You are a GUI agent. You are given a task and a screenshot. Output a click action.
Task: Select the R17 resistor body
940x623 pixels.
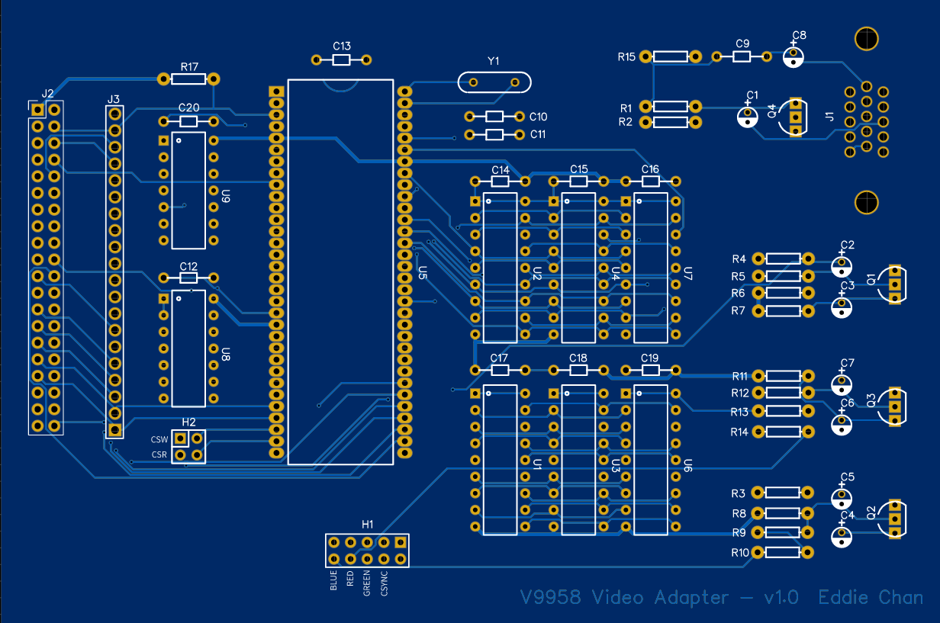[x=188, y=79]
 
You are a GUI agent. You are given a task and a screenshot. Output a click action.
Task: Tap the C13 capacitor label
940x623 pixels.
[x=342, y=46]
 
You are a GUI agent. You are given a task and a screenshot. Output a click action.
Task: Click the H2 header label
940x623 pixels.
[x=188, y=422]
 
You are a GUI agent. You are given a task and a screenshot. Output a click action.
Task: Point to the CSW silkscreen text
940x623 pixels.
[x=159, y=439]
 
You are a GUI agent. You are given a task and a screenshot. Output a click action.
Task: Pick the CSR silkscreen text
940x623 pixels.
[x=159, y=455]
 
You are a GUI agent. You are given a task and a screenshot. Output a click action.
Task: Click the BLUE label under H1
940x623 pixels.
[x=333, y=580]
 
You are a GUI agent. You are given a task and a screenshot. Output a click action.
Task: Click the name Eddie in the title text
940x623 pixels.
[x=844, y=597]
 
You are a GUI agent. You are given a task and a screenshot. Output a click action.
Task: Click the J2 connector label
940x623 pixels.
[x=47, y=93]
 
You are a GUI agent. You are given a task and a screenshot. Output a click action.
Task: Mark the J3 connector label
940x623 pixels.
[x=113, y=99]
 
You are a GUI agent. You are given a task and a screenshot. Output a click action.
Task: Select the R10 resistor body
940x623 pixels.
[x=783, y=552]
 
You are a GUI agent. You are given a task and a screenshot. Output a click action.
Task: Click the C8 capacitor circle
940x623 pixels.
[x=794, y=56]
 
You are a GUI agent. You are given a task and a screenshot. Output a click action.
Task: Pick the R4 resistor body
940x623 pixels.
[x=783, y=259]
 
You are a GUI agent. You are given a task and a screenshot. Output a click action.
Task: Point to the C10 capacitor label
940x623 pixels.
[x=538, y=117]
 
